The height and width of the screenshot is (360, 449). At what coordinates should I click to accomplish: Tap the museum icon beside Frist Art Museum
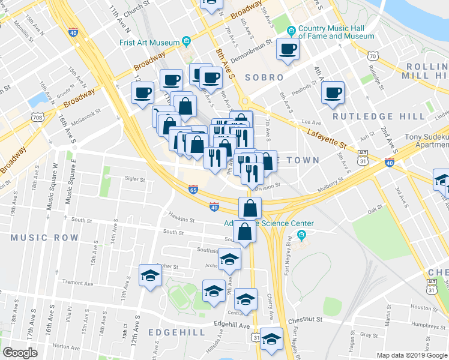coord(187,42)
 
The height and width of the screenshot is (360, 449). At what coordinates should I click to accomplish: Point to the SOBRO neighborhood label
coord(264,77)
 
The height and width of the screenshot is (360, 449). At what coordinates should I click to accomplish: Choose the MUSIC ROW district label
coord(44,238)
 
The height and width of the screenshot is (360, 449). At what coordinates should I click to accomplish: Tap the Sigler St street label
coord(134,179)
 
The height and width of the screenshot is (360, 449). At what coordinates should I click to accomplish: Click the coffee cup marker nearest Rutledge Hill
coord(332,92)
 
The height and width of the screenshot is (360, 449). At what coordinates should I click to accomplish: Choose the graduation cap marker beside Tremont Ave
coord(150,275)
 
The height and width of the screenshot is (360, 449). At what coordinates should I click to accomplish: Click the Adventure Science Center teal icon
coord(302,234)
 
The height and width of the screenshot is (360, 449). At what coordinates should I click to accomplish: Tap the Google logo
coord(20,353)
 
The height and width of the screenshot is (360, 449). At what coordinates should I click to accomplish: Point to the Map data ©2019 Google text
coord(411,355)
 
